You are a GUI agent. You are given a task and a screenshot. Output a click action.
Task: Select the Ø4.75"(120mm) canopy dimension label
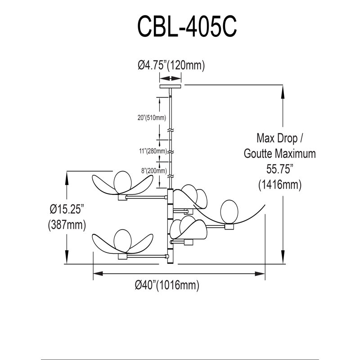pos(171,65)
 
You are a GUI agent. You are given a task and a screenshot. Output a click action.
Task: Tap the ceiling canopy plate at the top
pos(170,86)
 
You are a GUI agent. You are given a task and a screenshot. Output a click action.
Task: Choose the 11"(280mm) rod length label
pos(153,151)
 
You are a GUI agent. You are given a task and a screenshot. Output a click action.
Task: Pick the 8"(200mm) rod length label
pos(154,171)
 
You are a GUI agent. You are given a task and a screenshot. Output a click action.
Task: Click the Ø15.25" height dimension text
pos(67,209)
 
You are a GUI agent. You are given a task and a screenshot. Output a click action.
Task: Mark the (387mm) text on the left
pos(67,225)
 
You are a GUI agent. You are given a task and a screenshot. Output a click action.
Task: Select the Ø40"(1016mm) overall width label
pos(167,285)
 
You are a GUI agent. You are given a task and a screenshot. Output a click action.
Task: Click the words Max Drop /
pos(280,138)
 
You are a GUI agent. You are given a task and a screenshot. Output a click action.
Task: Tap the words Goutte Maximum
pos(279,153)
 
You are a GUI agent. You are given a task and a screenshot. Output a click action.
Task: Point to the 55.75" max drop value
pos(279,169)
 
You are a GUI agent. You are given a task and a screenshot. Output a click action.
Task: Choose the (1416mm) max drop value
pos(279,185)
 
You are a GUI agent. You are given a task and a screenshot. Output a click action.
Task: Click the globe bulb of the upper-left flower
pos(123,182)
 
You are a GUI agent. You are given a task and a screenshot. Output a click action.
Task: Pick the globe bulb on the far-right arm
pos(229,211)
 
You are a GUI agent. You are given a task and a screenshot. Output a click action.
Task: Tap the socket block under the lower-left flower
pos(122,256)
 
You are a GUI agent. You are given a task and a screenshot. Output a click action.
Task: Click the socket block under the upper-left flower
pos(122,198)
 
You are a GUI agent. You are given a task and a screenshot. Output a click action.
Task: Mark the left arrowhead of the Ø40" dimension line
pos(98,274)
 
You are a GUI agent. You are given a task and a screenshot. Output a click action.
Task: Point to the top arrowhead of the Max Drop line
pos(283,92)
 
